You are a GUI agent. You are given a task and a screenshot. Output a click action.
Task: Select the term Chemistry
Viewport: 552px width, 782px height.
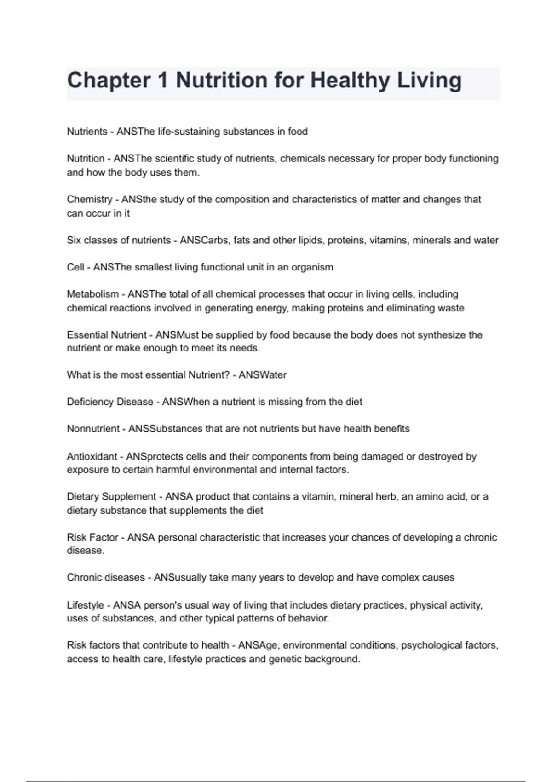(89, 200)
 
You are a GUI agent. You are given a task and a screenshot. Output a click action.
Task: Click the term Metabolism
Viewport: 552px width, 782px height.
(92, 294)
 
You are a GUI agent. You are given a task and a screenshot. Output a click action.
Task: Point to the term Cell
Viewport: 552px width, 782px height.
(75, 267)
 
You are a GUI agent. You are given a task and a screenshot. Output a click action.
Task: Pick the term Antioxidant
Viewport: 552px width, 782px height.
(92, 456)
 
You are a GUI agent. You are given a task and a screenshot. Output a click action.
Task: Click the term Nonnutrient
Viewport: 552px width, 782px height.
(93, 429)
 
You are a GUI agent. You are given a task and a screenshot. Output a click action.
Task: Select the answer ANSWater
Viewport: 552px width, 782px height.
(262, 375)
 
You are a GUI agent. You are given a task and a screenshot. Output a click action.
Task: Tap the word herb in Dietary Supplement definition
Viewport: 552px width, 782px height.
(386, 497)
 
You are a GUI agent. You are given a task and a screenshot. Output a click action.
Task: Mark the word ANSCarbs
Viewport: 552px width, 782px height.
(204, 240)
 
